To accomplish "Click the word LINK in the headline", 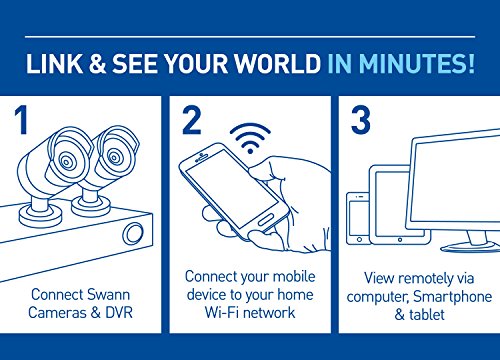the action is tap(54, 64).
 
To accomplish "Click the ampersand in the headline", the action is tap(97, 64).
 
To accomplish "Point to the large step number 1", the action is tap(22, 121).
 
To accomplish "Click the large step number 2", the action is tap(192, 121).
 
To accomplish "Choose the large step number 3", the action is tap(361, 121).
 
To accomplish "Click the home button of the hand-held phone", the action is tap(266, 221).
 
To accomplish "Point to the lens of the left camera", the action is tap(67, 161).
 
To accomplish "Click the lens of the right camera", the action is tap(114, 157).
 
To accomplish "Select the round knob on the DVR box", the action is tap(133, 233).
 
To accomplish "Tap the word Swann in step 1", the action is tap(108, 295).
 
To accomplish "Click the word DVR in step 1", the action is tap(119, 313).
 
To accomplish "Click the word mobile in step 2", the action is tap(294, 276).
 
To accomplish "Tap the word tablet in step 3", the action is tap(427, 314).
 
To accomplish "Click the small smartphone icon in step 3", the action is tap(358, 218).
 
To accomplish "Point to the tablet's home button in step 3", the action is tap(400, 239).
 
